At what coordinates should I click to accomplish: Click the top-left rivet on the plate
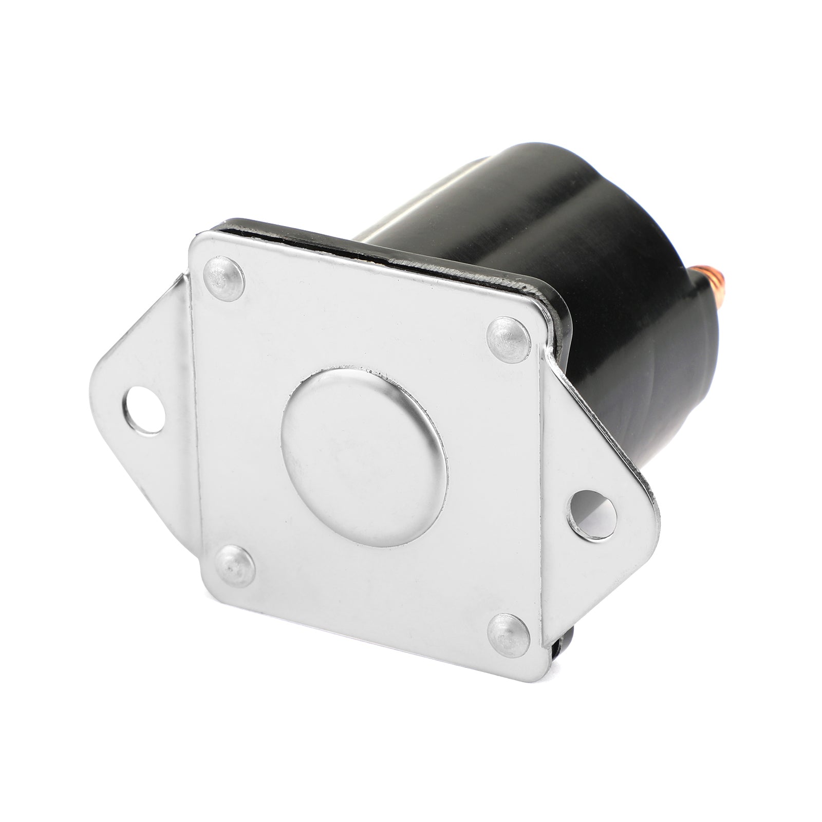(x=225, y=278)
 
